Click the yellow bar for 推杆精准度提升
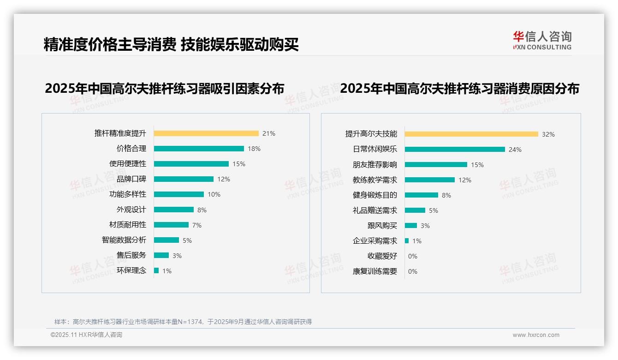(x=206, y=133)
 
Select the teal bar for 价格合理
(x=199, y=149)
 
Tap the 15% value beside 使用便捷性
(x=239, y=164)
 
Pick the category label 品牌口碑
(x=131, y=179)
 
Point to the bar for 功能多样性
(x=179, y=194)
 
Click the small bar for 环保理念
(x=156, y=270)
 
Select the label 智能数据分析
(x=124, y=240)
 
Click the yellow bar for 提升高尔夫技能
(x=471, y=134)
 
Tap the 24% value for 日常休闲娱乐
(x=515, y=150)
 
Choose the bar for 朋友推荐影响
(x=436, y=165)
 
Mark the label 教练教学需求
(x=375, y=180)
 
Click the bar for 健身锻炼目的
(x=422, y=195)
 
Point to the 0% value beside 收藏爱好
(x=413, y=256)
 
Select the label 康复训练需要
(x=375, y=271)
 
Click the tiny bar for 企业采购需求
(x=407, y=241)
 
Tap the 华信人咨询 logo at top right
(x=542, y=41)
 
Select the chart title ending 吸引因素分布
(x=165, y=88)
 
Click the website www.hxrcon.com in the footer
(x=536, y=335)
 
